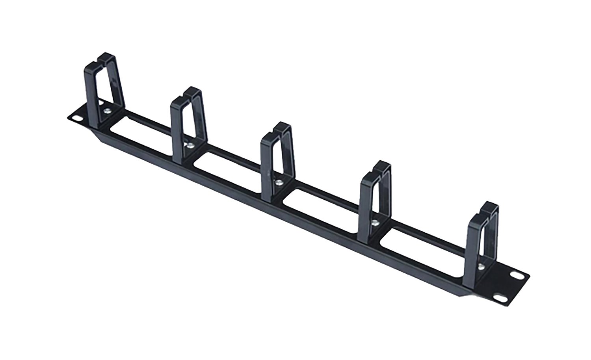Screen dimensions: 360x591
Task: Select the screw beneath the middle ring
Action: (279, 182)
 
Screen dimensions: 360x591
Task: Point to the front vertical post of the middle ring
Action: (266, 169)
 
